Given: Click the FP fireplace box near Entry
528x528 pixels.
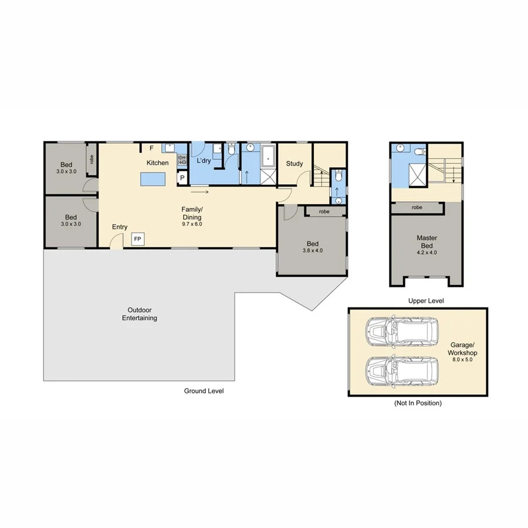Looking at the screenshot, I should pos(138,239).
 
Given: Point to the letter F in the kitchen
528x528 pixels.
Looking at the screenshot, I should pos(151,148).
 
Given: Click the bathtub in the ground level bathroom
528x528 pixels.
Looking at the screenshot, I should pos(269,156).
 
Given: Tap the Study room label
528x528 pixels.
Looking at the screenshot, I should pos(294,164).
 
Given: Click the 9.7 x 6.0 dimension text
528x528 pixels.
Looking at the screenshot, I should pos(192,224).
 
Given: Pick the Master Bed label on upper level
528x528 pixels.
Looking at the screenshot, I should pos(427,242).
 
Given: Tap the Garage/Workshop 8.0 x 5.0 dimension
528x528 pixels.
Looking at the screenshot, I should pos(463,361).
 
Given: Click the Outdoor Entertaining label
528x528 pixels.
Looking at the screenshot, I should pos(139,314).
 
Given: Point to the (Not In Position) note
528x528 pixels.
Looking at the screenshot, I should pos(418,403).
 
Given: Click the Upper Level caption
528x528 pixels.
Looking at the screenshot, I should pos(426,300).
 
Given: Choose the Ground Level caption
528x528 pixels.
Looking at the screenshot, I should pos(204,391).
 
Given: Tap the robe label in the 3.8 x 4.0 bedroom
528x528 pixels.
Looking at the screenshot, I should pos(324,212).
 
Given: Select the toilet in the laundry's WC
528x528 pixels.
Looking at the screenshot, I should pos(231,151).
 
